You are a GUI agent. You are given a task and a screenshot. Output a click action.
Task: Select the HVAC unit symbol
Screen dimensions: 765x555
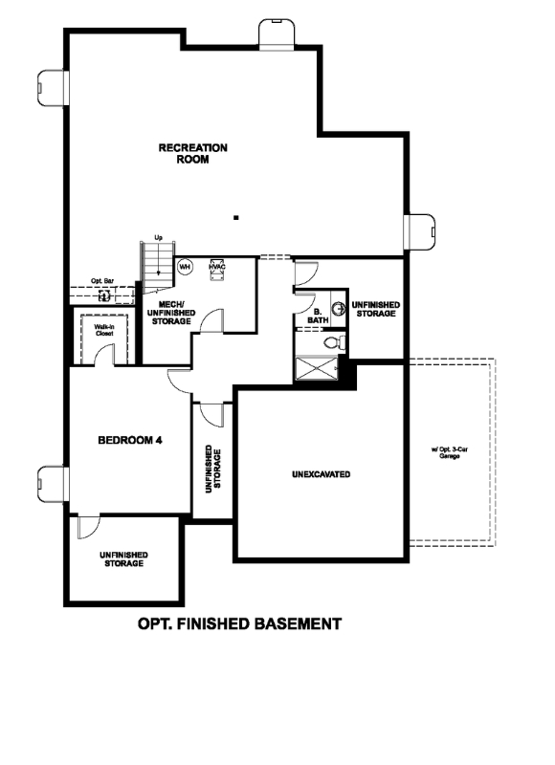click(216, 268)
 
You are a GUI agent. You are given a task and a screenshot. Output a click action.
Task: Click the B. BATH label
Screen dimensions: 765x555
click(318, 315)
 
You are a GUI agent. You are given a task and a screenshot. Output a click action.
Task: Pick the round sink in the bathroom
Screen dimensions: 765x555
click(337, 309)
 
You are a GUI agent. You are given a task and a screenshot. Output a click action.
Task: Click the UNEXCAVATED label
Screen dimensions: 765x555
click(321, 474)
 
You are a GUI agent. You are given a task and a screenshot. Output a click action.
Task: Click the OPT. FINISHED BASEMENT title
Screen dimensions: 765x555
click(239, 624)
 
